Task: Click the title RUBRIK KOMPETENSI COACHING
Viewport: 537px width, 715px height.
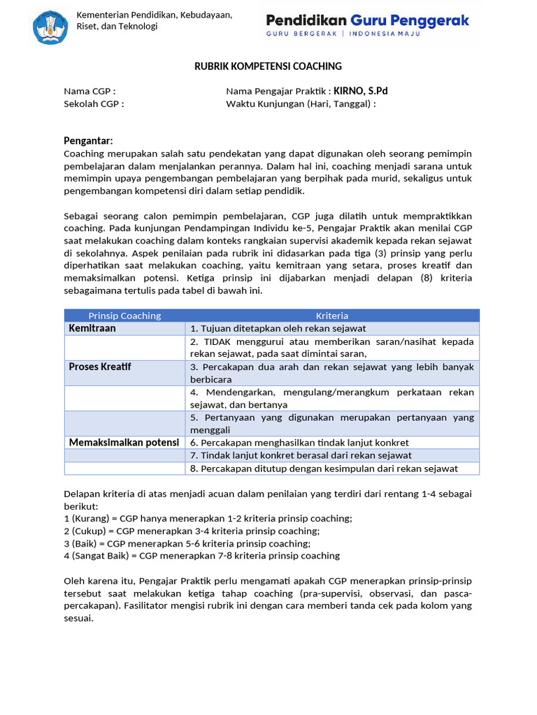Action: (268, 66)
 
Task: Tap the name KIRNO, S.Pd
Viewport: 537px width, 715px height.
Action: (360, 91)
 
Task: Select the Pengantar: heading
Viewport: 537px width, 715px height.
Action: (88, 140)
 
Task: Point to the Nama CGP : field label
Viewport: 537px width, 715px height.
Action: (89, 91)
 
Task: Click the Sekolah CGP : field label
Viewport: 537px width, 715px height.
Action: (94, 104)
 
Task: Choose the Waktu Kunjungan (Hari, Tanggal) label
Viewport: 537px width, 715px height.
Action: (301, 104)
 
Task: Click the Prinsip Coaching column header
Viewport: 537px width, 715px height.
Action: (124, 316)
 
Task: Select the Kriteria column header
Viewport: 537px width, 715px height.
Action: (332, 316)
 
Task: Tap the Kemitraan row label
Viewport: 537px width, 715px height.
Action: (92, 328)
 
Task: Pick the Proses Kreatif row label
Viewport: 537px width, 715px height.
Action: (100, 367)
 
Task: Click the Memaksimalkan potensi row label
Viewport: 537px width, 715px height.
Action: (124, 443)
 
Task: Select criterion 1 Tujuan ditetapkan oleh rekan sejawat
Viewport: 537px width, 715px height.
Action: (278, 328)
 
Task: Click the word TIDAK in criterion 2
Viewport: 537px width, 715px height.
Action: (217, 341)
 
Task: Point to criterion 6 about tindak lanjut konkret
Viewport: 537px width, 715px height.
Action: (299, 443)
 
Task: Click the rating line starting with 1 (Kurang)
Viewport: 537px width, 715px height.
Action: (208, 518)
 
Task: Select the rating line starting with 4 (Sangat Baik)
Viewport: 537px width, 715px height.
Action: (201, 556)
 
